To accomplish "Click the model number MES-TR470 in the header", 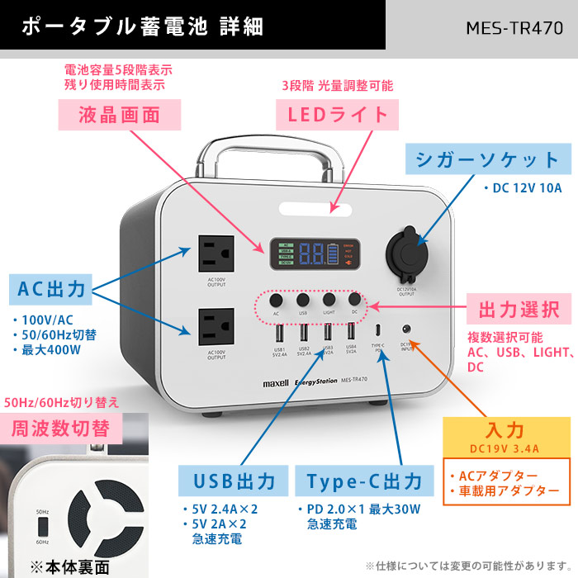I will tap(514, 27).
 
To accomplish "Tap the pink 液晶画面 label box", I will tap(118, 114).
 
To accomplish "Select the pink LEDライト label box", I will tap(337, 113).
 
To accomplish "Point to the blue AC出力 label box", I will tap(51, 290).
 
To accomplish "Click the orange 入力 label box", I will tap(505, 431).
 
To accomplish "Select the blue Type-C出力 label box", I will tap(363, 481).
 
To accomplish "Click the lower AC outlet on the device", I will tap(217, 326).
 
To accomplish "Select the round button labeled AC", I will tap(277, 300).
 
